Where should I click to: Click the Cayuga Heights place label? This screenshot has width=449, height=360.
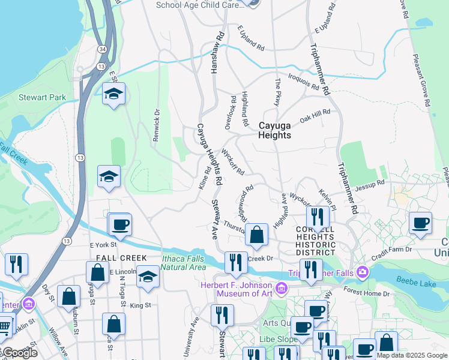[x=275, y=130]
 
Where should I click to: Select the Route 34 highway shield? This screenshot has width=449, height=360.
[x=103, y=48]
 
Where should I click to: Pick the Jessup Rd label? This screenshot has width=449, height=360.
[x=369, y=185]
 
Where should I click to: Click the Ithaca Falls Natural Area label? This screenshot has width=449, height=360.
[x=184, y=262]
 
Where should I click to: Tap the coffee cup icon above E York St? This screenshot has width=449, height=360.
[x=120, y=224]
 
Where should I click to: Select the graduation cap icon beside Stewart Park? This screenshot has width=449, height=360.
[x=113, y=94]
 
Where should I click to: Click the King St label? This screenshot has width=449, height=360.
[x=140, y=305]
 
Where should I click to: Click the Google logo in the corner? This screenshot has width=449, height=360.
[x=20, y=353]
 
